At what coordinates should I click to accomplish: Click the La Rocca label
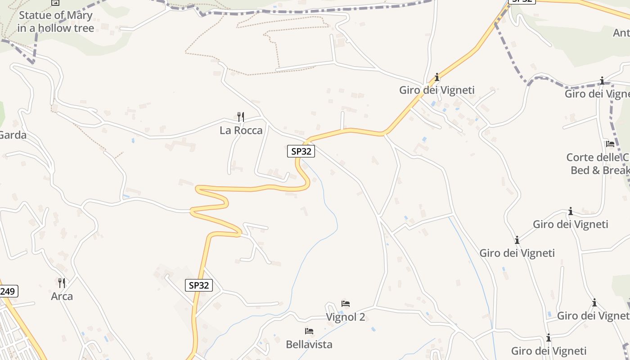coord(241,130)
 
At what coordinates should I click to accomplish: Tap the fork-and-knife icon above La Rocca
coord(241,117)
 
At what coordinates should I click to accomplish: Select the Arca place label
coord(62,297)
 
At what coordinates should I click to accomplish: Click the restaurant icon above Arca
coord(62,283)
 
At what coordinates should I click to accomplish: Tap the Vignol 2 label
coord(345,317)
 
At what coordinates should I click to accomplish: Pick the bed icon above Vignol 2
coord(346,303)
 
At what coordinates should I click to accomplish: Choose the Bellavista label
coord(309,344)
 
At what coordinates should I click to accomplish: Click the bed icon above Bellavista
coord(309,331)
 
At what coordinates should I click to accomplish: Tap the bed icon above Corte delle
coord(610,144)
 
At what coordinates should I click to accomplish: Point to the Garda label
coord(13,135)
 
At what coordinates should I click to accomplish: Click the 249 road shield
coord(8,292)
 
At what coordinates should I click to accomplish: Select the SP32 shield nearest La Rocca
coord(301,151)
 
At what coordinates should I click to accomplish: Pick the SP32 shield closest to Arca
coord(198,285)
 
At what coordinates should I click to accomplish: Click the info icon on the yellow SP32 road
coord(436,77)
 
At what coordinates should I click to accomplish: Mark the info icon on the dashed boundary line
coord(602,81)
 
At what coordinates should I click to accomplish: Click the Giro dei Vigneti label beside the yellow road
coord(436,90)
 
